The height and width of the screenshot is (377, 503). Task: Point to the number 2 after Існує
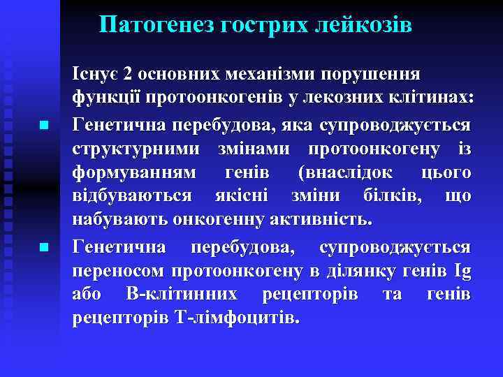coord(126,74)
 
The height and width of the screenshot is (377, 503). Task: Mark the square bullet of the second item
coord(43,247)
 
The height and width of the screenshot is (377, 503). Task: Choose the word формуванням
coord(135,172)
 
